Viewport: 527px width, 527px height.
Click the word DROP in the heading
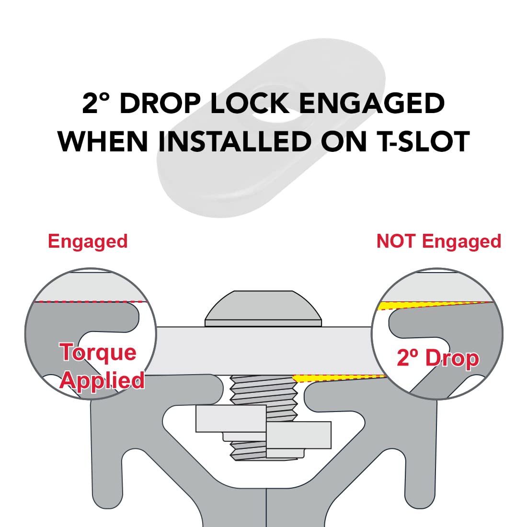(160, 103)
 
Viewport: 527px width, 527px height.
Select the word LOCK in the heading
(250, 103)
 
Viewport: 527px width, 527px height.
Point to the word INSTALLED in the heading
(235, 141)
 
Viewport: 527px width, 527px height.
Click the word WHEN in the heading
(103, 141)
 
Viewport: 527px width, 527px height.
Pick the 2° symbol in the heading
(96, 103)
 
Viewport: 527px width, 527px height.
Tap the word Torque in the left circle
(98, 352)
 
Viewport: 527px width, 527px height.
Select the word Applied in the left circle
(102, 381)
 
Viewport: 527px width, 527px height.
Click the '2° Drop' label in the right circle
(438, 358)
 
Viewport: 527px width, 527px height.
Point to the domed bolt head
(263, 308)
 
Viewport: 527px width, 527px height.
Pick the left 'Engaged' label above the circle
(88, 241)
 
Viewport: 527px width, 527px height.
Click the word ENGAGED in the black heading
(372, 103)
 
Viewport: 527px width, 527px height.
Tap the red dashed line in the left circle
(91, 301)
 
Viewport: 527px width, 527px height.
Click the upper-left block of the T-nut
(231, 418)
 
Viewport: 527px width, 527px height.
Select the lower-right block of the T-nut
(299, 435)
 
